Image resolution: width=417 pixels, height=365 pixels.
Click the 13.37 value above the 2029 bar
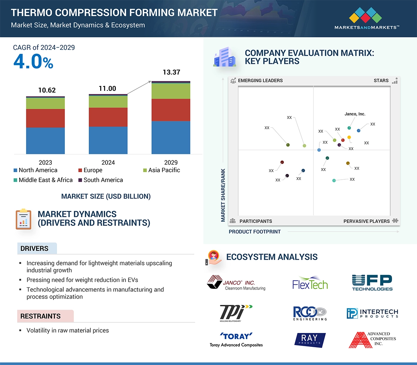tap(171, 72)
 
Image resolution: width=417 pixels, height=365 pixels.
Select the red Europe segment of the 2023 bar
tap(45, 118)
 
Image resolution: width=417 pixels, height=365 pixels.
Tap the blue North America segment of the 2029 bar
tap(171, 137)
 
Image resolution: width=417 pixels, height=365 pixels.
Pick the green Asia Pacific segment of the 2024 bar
tap(108, 102)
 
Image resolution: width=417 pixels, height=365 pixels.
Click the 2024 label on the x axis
tap(108, 163)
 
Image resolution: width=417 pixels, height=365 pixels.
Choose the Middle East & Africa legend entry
tap(43, 180)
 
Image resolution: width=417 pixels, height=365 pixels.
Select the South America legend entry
tap(101, 180)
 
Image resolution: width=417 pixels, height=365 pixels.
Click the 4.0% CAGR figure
tap(33, 62)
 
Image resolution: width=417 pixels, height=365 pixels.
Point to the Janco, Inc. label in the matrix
tap(355, 114)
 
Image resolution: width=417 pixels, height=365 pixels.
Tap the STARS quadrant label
tap(381, 80)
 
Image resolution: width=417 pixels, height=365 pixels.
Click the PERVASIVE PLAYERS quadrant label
tap(366, 221)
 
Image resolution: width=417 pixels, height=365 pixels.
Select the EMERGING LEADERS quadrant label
tap(260, 80)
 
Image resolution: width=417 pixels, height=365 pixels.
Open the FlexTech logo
tap(310, 283)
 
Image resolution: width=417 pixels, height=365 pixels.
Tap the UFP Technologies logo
tap(372, 283)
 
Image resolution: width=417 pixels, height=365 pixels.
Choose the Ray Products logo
tap(310, 340)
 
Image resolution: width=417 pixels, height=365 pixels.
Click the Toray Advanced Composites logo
tap(236, 340)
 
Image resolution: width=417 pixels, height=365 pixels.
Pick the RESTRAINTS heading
tap(40, 316)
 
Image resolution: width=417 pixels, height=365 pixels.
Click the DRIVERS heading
tap(34, 249)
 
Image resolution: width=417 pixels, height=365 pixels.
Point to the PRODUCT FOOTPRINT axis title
tap(254, 232)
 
